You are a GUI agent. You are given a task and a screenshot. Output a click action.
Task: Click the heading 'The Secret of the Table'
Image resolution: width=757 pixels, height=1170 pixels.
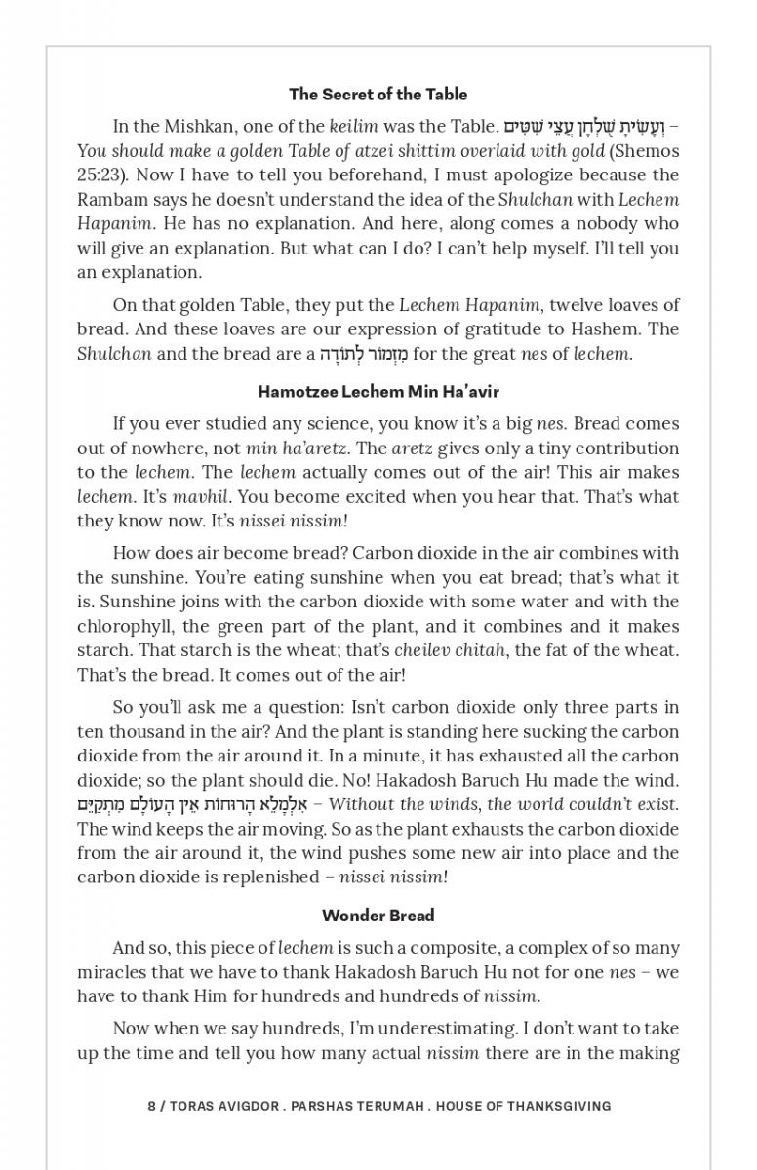click(x=378, y=95)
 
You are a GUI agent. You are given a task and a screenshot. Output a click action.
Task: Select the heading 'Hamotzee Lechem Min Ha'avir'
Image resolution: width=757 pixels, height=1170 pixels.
click(x=378, y=392)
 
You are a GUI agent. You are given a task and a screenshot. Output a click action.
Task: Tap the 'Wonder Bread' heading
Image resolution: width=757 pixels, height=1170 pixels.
click(x=378, y=916)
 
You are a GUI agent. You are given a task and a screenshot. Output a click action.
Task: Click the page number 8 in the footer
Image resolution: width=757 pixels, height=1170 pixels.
click(x=151, y=1106)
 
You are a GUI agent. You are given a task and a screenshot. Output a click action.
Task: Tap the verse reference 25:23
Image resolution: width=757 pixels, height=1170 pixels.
click(x=98, y=175)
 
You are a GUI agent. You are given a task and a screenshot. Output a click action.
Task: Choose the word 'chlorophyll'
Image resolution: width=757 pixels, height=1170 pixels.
click(x=125, y=626)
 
